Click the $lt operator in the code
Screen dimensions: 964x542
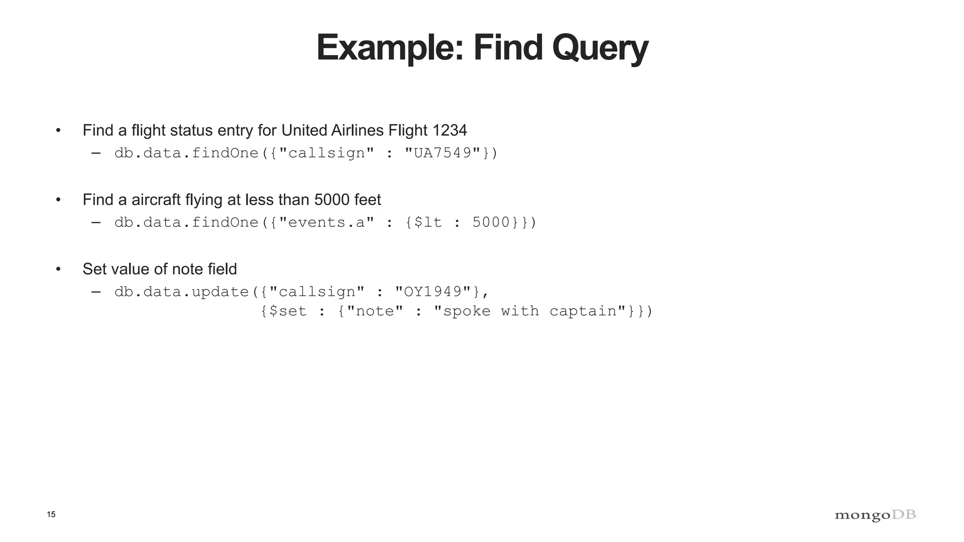point(428,222)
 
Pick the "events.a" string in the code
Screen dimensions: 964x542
point(327,222)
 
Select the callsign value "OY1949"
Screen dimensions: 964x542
point(433,292)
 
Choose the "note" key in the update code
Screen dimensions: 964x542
point(375,311)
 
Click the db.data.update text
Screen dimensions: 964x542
point(182,292)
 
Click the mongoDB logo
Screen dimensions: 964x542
point(875,515)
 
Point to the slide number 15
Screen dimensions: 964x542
point(51,514)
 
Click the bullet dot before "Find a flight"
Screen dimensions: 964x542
point(58,130)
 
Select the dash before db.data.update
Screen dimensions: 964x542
point(96,292)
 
